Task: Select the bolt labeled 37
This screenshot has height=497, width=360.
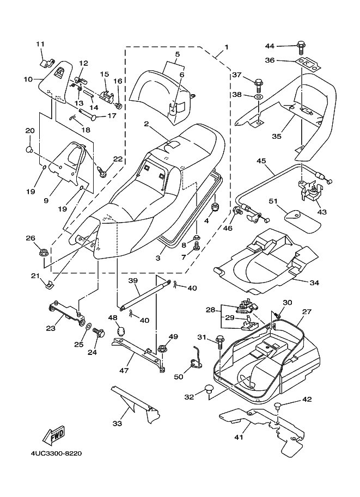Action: (x=258, y=84)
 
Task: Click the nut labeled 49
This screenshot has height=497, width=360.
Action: (x=162, y=348)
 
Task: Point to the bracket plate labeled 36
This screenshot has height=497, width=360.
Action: (x=306, y=63)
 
